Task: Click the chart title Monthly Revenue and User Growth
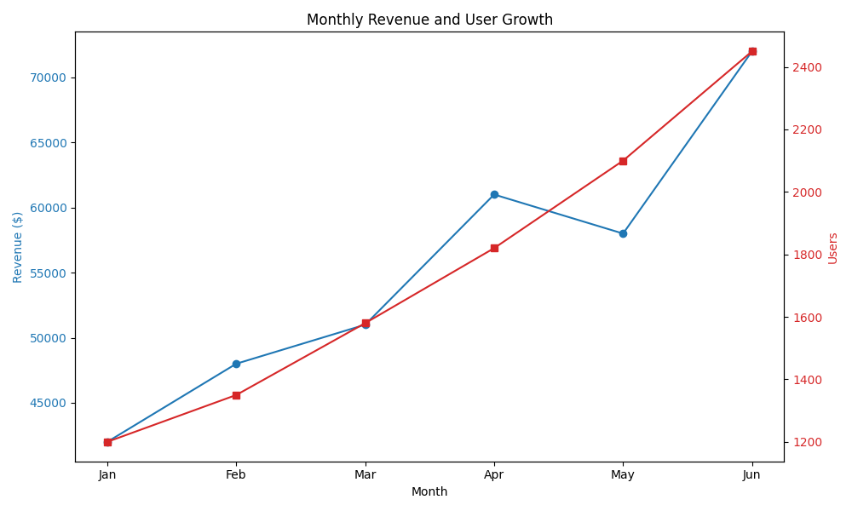point(429,20)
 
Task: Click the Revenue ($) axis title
point(18,247)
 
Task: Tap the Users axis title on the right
point(833,248)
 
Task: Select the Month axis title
point(429,491)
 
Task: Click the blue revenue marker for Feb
point(236,364)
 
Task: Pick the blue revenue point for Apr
point(494,194)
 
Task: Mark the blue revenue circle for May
point(623,233)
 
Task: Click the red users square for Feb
point(236,395)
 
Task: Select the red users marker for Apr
point(494,248)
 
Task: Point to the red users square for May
point(623,161)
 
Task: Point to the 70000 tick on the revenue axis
point(49,78)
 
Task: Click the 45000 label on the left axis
point(49,403)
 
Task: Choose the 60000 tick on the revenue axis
point(49,208)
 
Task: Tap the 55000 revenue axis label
point(49,273)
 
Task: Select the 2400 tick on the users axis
point(808,67)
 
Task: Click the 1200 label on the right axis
point(808,442)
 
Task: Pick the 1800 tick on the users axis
point(808,255)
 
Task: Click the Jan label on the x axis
point(107,474)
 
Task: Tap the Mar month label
point(366,474)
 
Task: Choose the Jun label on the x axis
point(751,474)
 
